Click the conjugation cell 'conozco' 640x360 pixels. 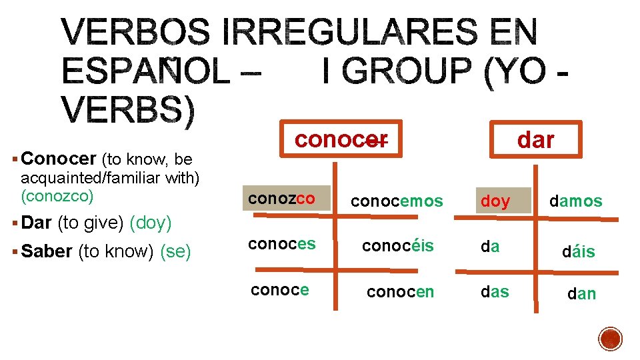point(282,199)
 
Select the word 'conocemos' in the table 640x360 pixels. point(397,201)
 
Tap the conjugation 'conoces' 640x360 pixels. point(282,244)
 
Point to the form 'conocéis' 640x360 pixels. point(397,246)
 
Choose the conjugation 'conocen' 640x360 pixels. point(401,291)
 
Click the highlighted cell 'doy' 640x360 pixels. point(495,201)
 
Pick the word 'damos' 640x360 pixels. point(575,201)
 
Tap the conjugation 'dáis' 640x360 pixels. point(579,252)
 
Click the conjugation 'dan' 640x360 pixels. point(581,293)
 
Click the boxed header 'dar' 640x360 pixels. point(535,140)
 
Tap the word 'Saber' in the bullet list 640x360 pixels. point(47,251)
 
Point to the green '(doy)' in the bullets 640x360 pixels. point(151,223)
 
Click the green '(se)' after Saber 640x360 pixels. point(176,251)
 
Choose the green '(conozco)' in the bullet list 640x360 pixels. point(57,196)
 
